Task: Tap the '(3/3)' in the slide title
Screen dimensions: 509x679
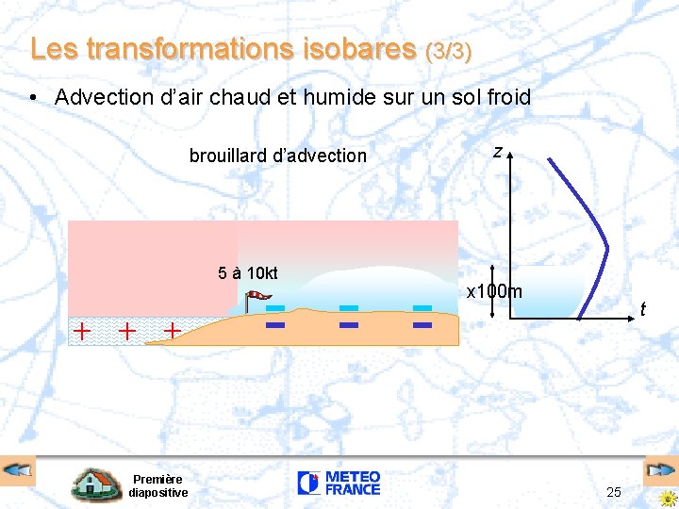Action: pos(449,50)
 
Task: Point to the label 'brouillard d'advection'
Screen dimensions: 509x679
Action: pos(277,156)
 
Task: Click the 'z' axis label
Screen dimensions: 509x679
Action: pos(497,151)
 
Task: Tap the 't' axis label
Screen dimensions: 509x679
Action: pos(641,309)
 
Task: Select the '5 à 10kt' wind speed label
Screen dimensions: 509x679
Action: pos(248,273)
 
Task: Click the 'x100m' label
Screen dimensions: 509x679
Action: pos(494,291)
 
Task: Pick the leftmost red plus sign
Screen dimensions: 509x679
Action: pos(83,331)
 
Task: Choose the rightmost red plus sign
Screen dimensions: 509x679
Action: pos(173,331)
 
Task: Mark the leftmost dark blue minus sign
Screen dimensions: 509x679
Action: pos(275,326)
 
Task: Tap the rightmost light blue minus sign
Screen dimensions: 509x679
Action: pos(422,308)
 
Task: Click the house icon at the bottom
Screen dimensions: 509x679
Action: pos(96,484)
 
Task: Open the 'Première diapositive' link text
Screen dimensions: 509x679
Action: pos(157,485)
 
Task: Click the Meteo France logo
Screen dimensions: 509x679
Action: pos(339,484)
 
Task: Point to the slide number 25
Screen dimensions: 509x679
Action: pos(613,492)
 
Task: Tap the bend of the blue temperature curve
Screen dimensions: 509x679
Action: pos(606,248)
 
